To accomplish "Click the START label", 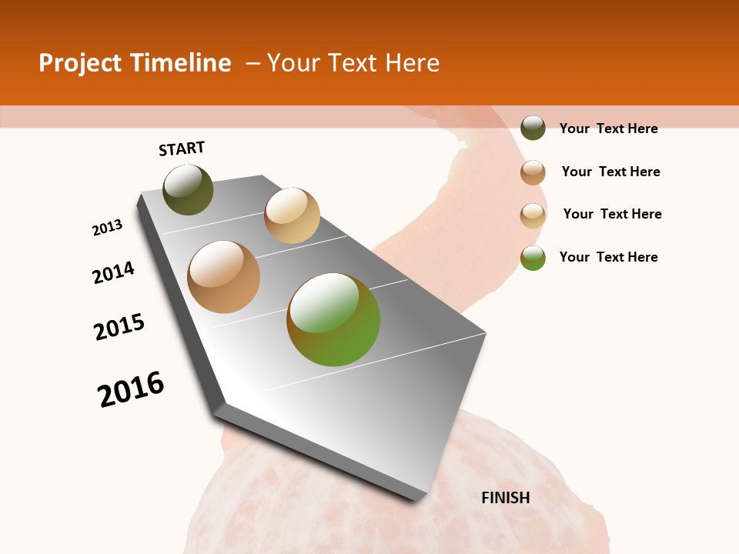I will pyautogui.click(x=182, y=149).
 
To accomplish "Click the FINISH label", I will pyautogui.click(x=506, y=498).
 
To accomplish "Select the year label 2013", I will pyautogui.click(x=108, y=228).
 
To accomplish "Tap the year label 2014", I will pyautogui.click(x=114, y=273).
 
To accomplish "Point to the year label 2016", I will pyautogui.click(x=132, y=389).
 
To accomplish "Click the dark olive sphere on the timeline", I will pyautogui.click(x=188, y=189).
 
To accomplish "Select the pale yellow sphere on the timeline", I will pyautogui.click(x=292, y=215).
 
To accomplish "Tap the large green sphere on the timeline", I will pyautogui.click(x=333, y=319).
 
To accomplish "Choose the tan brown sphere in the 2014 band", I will pyautogui.click(x=224, y=277).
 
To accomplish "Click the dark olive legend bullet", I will pyautogui.click(x=533, y=128).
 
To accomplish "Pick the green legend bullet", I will pyautogui.click(x=533, y=258).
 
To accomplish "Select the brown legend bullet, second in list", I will pyautogui.click(x=533, y=172).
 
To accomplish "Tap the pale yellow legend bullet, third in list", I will pyautogui.click(x=533, y=215).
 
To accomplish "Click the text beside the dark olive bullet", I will pyautogui.click(x=608, y=128).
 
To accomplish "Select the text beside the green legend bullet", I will pyautogui.click(x=608, y=257).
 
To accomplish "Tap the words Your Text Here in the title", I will pyautogui.click(x=353, y=63).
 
